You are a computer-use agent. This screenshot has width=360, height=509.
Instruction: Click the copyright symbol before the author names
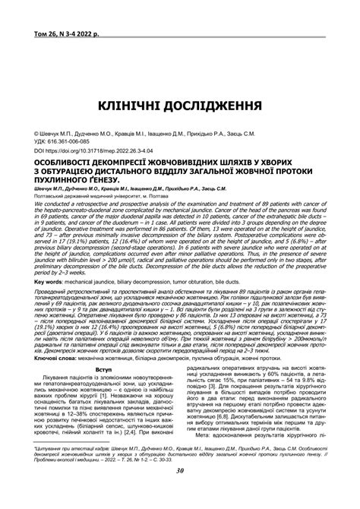coord(27,134)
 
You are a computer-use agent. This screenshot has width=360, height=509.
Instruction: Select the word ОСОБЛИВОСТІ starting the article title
coord(64,163)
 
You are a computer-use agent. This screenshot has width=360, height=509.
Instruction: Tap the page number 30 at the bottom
coord(179,492)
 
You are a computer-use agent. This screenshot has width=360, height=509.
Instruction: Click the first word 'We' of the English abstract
coord(29,205)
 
